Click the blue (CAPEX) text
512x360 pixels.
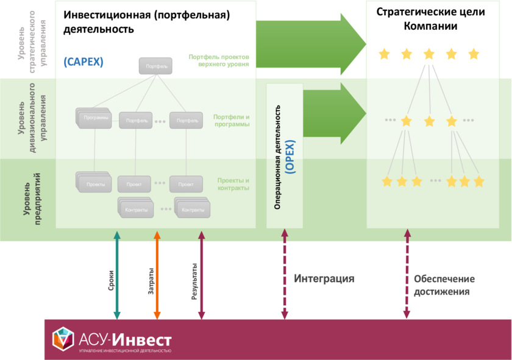coord(84,62)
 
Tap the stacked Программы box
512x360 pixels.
coord(96,119)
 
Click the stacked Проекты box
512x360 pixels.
coord(95,183)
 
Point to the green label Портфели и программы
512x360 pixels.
coord(231,121)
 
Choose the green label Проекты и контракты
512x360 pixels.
coord(233,184)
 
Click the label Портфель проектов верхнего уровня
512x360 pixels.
coord(219,60)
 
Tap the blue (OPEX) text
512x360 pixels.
coord(291,157)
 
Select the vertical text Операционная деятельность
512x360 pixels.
coord(277,157)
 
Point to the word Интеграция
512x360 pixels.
coord(324,279)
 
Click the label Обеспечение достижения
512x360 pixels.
coord(444,285)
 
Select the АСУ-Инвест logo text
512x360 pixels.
coord(126,339)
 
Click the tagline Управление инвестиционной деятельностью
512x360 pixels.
coord(125,351)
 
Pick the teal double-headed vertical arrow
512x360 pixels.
coord(117,275)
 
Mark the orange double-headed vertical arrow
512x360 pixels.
coord(157,275)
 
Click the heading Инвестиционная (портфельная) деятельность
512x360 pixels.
coord(146,22)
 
